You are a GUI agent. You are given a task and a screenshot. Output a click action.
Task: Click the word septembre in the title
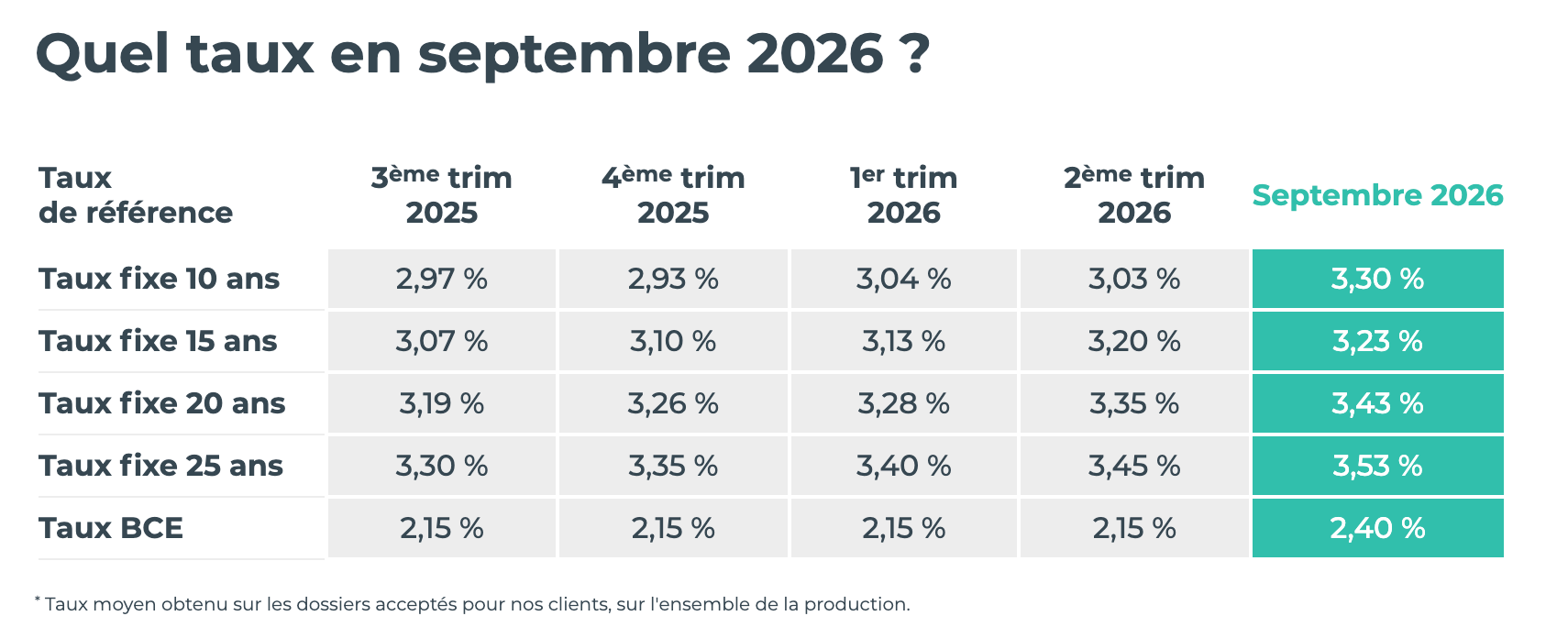(574, 57)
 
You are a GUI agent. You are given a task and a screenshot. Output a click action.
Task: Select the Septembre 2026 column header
(1377, 195)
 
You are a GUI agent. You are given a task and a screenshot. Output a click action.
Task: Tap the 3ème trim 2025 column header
(441, 195)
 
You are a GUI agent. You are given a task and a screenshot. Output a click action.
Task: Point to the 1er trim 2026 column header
(903, 195)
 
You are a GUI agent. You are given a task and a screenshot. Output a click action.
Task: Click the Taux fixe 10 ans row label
(160, 279)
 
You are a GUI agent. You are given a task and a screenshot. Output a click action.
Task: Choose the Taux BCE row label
(111, 528)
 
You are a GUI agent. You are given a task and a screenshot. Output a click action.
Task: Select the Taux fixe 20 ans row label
(162, 403)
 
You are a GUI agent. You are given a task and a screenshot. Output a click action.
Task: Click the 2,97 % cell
(442, 279)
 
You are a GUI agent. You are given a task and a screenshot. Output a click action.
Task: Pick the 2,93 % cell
(673, 279)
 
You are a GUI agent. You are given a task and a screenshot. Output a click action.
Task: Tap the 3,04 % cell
(903, 279)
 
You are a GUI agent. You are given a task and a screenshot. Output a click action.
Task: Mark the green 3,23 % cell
(1377, 341)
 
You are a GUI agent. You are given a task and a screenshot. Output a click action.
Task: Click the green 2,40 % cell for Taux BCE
(1377, 528)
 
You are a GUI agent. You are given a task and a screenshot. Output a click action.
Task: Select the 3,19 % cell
(442, 403)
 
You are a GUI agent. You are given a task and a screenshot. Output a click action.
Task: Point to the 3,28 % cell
(903, 403)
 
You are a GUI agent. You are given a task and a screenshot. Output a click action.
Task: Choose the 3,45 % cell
(1134, 466)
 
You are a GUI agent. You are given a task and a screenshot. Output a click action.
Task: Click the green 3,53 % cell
(1377, 466)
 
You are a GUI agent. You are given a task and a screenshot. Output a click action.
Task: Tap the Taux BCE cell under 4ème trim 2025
(673, 528)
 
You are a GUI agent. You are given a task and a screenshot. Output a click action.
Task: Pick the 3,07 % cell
(442, 341)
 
